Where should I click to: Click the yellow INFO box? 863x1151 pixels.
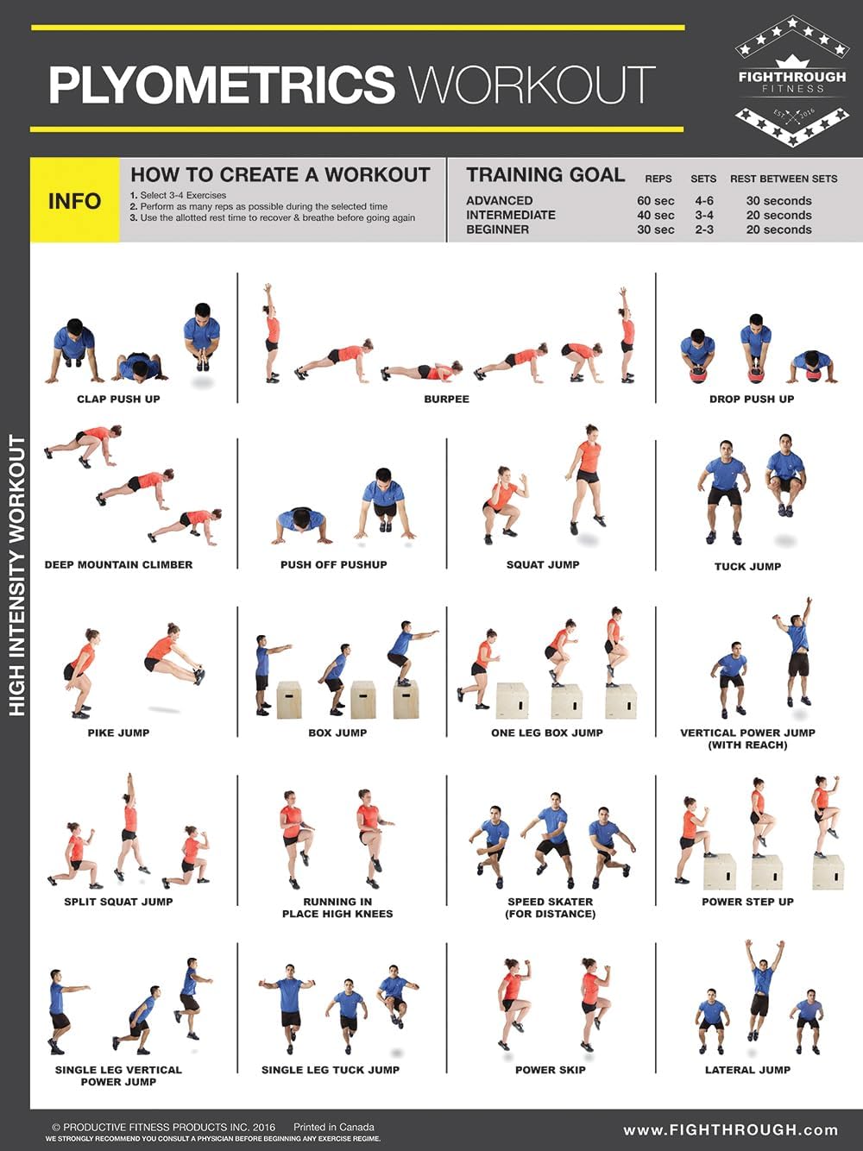(74, 200)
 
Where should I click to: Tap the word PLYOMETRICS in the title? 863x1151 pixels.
(221, 85)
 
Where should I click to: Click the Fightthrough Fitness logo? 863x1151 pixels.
(791, 81)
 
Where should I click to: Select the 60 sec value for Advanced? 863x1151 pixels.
(655, 201)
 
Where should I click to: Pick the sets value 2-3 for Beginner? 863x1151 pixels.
(704, 230)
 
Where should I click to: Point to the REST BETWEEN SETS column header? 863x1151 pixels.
(783, 179)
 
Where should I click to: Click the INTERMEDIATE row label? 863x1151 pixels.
(510, 215)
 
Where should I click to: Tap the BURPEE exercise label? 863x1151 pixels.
(446, 399)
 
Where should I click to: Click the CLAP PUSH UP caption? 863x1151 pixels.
(118, 399)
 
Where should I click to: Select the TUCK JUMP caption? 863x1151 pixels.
(747, 567)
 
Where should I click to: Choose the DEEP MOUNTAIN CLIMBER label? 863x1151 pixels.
(118, 565)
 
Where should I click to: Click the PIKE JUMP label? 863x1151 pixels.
(118, 733)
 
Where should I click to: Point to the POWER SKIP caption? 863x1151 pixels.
(550, 1070)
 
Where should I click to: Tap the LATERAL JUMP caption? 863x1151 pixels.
(747, 1070)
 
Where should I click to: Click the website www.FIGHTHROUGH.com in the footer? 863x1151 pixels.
(730, 1130)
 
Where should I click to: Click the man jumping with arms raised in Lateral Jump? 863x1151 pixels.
(761, 988)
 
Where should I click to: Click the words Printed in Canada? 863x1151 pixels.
(333, 1127)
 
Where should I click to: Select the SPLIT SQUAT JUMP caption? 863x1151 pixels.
(118, 902)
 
